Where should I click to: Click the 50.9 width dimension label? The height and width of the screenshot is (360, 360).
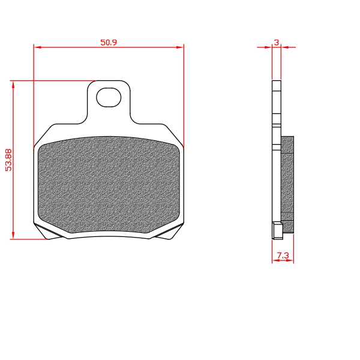pyautogui.click(x=109, y=43)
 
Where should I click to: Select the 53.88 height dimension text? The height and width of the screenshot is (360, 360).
pyautogui.click(x=8, y=160)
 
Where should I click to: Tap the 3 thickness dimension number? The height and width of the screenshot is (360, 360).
pyautogui.click(x=277, y=43)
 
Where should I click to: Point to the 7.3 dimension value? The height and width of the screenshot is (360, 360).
pyautogui.click(x=283, y=256)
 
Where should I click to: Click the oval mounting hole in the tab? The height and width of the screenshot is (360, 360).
pyautogui.click(x=109, y=97)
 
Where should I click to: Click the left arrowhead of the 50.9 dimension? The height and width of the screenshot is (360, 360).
pyautogui.click(x=37, y=47)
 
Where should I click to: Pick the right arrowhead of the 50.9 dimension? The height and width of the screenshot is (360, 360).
pyautogui.click(x=180, y=47)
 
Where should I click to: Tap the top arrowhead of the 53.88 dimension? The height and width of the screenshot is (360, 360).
pyautogui.click(x=13, y=85)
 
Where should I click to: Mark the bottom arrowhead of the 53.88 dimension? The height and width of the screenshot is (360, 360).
pyautogui.click(x=13, y=235)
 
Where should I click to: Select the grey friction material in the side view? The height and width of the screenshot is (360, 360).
pyautogui.click(x=287, y=185)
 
